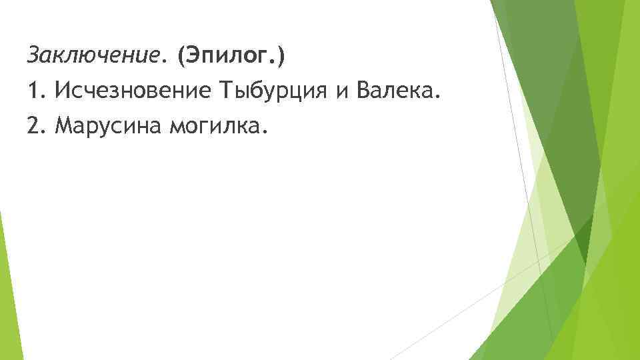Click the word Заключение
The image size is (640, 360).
pos(93,56)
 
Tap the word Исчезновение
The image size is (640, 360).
pos(131,89)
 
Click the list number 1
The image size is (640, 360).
pos(33,89)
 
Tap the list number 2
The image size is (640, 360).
pos(33,123)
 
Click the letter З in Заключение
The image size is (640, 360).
pos(32,56)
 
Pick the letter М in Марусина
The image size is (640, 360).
pos(64,123)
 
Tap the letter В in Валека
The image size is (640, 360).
pos(363,89)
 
